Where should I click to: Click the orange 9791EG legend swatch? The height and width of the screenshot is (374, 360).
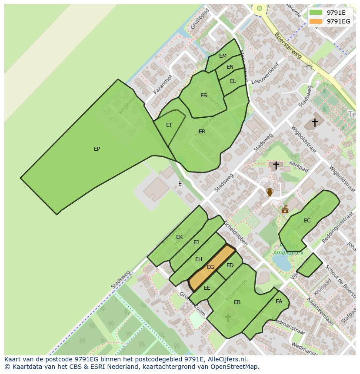click(x=316, y=21)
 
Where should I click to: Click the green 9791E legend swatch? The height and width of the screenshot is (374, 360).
click(x=316, y=13)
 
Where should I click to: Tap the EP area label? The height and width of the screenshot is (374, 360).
click(x=97, y=149)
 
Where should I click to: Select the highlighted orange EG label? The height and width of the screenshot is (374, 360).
click(x=210, y=267)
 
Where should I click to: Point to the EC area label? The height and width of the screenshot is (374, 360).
click(x=307, y=221)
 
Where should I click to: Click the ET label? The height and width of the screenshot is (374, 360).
click(x=169, y=125)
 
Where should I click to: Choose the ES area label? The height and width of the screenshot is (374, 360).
click(x=203, y=96)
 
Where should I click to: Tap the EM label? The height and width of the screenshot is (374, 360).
click(x=223, y=56)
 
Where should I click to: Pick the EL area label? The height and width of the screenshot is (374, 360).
click(x=233, y=81)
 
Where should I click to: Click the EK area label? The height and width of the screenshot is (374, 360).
click(x=179, y=237)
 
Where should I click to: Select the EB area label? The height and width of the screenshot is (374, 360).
click(x=237, y=302)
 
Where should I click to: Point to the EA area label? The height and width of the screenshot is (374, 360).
click(x=279, y=301)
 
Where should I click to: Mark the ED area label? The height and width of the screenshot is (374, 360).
click(x=230, y=265)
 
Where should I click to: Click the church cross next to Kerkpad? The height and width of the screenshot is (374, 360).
click(x=276, y=165)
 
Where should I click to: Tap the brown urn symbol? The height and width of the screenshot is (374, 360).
click(x=270, y=192)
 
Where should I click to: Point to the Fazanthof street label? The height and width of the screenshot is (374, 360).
click(x=163, y=84)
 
